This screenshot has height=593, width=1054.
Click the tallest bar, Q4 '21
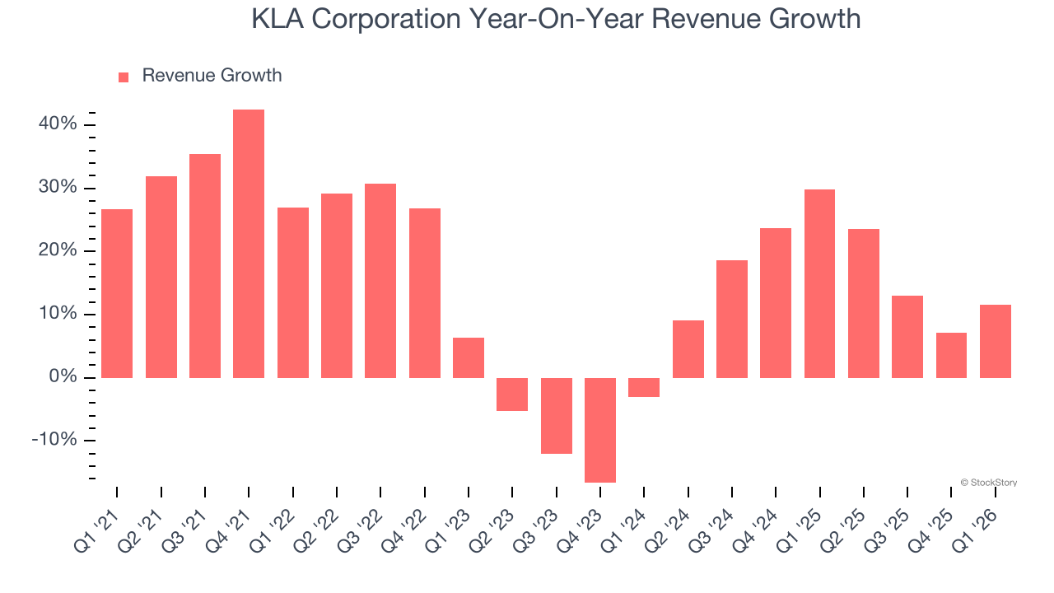(x=249, y=244)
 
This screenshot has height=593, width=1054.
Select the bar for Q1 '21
(x=117, y=293)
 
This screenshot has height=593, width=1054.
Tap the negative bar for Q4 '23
(x=600, y=430)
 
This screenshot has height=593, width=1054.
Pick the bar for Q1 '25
(x=819, y=283)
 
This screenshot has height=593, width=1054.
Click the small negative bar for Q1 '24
(x=644, y=387)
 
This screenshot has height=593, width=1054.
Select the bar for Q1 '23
(x=469, y=357)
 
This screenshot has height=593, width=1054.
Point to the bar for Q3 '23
(x=557, y=415)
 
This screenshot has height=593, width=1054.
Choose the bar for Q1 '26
(x=995, y=341)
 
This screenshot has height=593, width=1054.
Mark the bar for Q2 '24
(x=688, y=348)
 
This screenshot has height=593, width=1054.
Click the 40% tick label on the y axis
(x=57, y=124)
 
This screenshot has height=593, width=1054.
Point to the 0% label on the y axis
(x=63, y=377)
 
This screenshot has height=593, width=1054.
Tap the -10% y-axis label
(x=54, y=440)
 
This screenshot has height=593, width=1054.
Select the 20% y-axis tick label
(x=57, y=251)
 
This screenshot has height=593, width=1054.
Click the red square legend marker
(x=124, y=77)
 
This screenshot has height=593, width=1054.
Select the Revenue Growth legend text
(x=212, y=76)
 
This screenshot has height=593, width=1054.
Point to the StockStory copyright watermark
(x=988, y=483)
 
